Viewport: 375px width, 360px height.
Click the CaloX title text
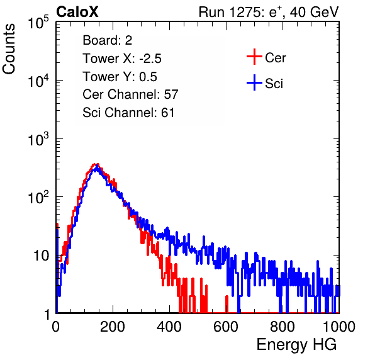coord(77,12)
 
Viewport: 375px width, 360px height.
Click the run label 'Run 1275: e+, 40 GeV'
coord(269,12)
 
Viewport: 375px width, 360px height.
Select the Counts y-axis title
coord(9,49)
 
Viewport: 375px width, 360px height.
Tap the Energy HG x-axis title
coord(296,345)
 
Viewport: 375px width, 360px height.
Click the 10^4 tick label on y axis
coord(38,81)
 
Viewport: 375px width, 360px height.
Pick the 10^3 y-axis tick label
coord(38,139)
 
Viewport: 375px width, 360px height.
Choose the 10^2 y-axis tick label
coord(38,198)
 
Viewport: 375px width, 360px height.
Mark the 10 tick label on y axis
coord(41,256)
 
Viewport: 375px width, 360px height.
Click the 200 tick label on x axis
coord(113,327)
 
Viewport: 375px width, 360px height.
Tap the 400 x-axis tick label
coord(169,327)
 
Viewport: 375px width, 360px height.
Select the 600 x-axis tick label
coord(226,327)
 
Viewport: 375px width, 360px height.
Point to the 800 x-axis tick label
coord(283,327)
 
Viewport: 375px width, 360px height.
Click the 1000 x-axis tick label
coord(339,327)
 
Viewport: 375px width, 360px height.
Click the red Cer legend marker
coord(254,57)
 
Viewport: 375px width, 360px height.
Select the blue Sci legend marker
coord(254,83)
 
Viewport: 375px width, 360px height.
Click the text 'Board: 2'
coord(108,40)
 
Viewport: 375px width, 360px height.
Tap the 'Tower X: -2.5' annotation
coord(122,59)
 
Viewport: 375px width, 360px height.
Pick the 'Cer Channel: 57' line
coord(130,94)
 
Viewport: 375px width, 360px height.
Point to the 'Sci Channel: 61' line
coord(128,113)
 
